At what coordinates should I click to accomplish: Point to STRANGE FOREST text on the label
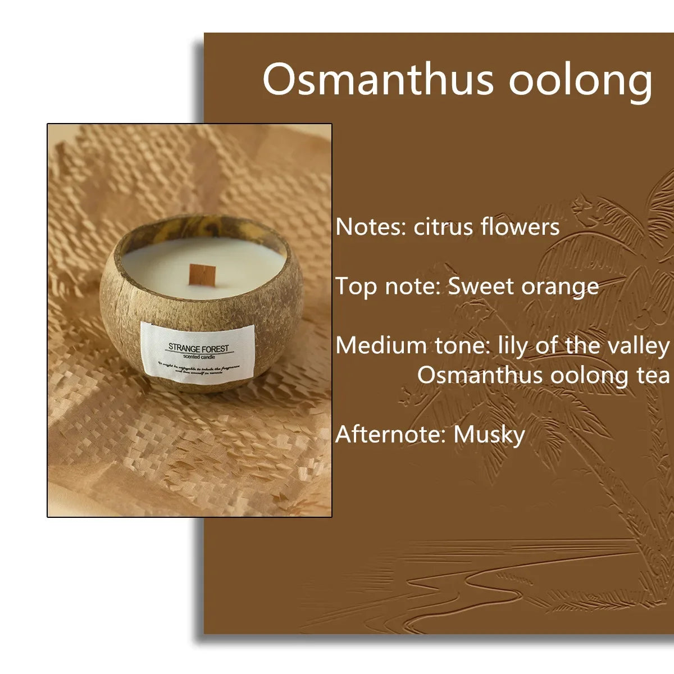(199, 348)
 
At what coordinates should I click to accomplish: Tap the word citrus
(444, 227)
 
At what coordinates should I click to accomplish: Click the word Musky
(489, 435)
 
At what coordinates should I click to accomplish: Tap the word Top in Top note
(356, 288)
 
